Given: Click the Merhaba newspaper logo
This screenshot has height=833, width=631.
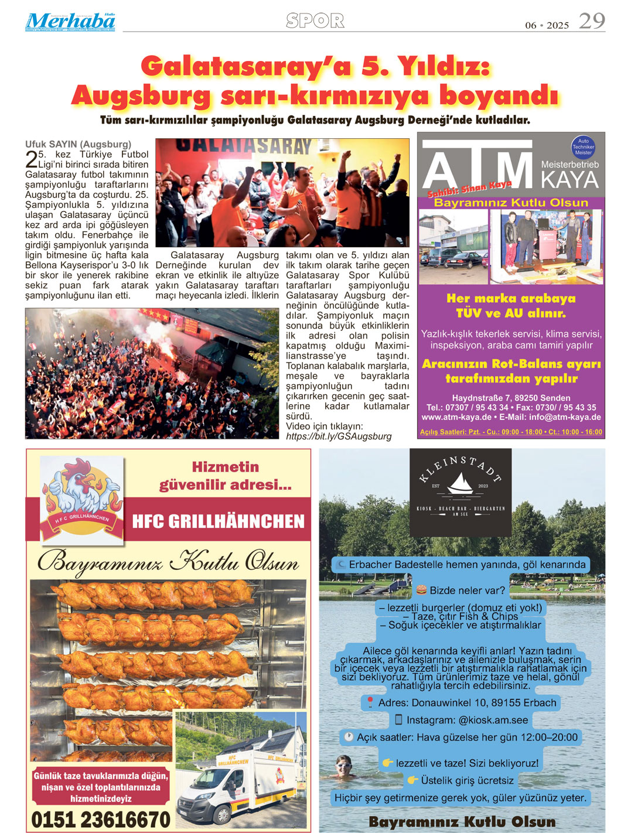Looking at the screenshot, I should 70,22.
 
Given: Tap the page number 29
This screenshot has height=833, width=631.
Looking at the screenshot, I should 591,21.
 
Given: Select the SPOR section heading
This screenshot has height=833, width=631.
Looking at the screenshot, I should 315,21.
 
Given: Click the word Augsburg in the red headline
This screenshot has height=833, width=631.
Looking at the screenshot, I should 141,95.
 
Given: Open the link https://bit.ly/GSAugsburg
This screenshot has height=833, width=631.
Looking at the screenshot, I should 339,436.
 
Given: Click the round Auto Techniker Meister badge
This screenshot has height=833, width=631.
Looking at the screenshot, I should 583,147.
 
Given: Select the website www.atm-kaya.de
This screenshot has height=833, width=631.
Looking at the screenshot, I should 456,417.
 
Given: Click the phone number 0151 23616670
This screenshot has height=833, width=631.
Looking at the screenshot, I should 101,820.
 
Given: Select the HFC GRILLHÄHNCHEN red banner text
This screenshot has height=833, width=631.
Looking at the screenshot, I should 218,521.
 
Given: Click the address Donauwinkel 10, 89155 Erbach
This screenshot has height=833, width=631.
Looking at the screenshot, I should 467,702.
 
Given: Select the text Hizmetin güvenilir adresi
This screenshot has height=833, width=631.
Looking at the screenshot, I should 226,476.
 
